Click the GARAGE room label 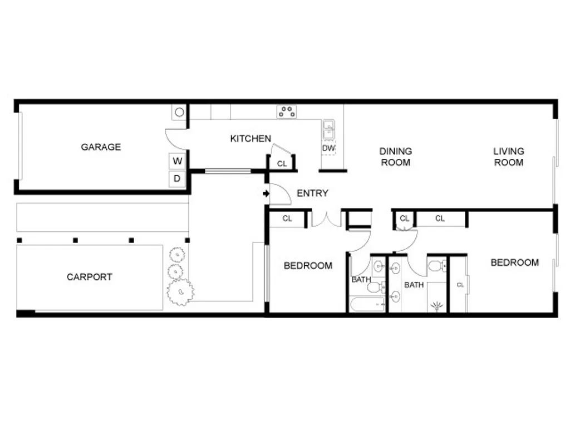101,147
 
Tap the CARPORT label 90,277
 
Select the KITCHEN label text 250,139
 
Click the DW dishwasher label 328,148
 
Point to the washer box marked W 178,161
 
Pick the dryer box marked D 178,179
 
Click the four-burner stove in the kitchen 287,111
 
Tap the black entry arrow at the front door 266,194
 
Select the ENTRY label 312,193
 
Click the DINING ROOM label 395,157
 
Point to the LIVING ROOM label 508,157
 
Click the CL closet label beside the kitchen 282,164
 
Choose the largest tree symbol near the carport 180,291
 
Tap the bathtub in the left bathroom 367,304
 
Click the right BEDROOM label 514,262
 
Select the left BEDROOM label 308,266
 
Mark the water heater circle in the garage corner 179,112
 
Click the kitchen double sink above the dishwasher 328,130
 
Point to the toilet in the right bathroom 438,265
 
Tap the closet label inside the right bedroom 460,285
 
